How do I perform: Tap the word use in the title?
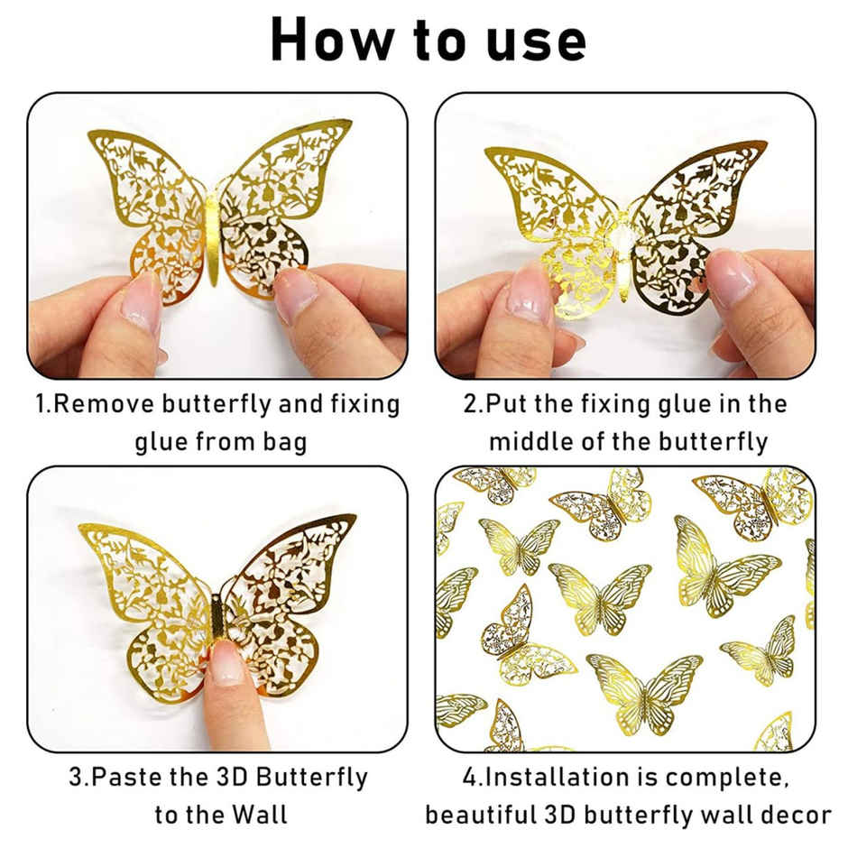coord(532,40)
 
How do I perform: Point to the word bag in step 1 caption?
coord(281,442)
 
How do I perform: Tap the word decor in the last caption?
coord(794,815)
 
